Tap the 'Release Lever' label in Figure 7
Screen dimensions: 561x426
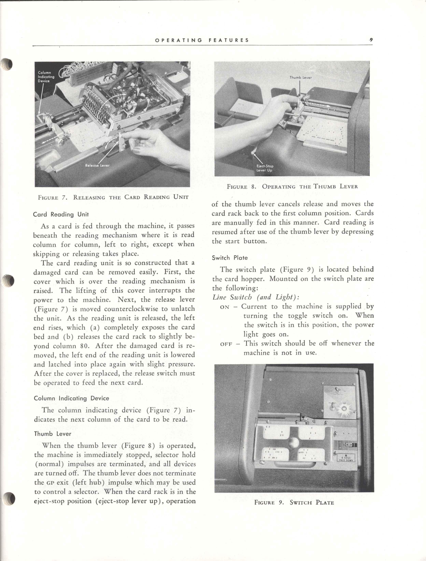coord(97,165)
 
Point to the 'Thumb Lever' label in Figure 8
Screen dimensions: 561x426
coord(300,77)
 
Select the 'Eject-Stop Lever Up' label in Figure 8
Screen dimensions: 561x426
coord(265,168)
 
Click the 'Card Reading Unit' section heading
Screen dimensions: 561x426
coord(61,214)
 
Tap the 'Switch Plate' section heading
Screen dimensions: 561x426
coord(230,258)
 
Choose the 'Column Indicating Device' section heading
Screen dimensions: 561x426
coord(71,398)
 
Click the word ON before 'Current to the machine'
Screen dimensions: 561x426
coord(224,307)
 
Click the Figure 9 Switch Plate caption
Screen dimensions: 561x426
coord(294,502)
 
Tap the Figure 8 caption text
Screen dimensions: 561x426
coord(292,187)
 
